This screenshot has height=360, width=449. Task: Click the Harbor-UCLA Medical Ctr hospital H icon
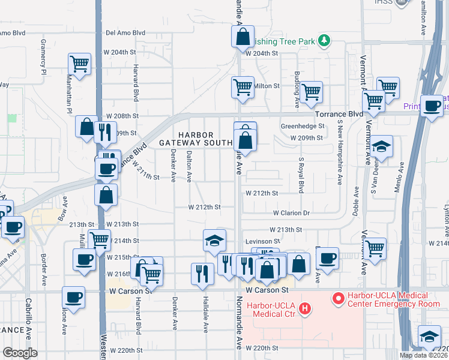306,309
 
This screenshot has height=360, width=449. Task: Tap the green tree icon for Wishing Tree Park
325,40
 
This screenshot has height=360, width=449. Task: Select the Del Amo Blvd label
125,33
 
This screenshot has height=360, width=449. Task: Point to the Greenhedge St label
303,126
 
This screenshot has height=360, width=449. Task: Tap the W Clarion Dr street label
291,212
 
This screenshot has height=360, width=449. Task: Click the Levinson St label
262,240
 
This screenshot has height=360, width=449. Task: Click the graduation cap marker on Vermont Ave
381,146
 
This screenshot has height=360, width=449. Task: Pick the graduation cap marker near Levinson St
214,240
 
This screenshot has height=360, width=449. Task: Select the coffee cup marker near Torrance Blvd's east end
432,106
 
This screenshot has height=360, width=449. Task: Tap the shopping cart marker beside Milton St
243,87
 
